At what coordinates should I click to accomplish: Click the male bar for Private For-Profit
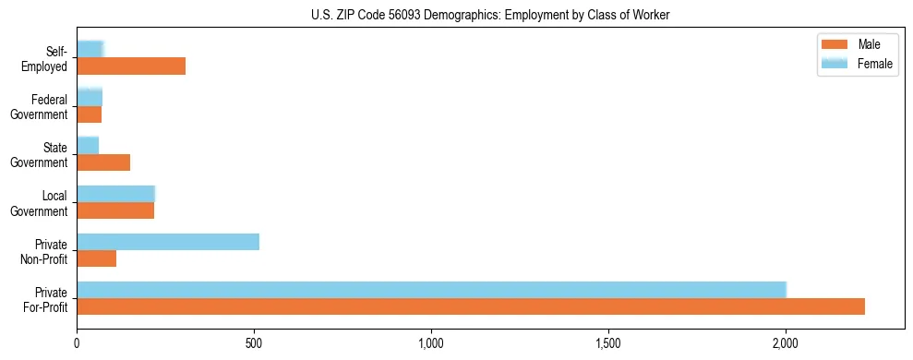(x=471, y=306)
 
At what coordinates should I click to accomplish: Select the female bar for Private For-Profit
(x=431, y=290)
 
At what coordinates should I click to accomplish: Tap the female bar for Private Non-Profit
(x=168, y=242)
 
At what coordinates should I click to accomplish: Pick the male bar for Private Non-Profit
(x=97, y=258)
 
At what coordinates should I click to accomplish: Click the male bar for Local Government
(x=115, y=210)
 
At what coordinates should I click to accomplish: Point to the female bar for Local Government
(x=115, y=194)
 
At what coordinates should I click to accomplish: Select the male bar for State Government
(x=103, y=162)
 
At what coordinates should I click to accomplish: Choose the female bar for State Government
(x=88, y=146)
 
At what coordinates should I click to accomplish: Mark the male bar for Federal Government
(x=90, y=114)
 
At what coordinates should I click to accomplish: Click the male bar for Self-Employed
(x=131, y=66)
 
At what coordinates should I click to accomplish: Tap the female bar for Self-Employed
(x=90, y=49)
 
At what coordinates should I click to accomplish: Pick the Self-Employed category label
(x=49, y=58)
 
